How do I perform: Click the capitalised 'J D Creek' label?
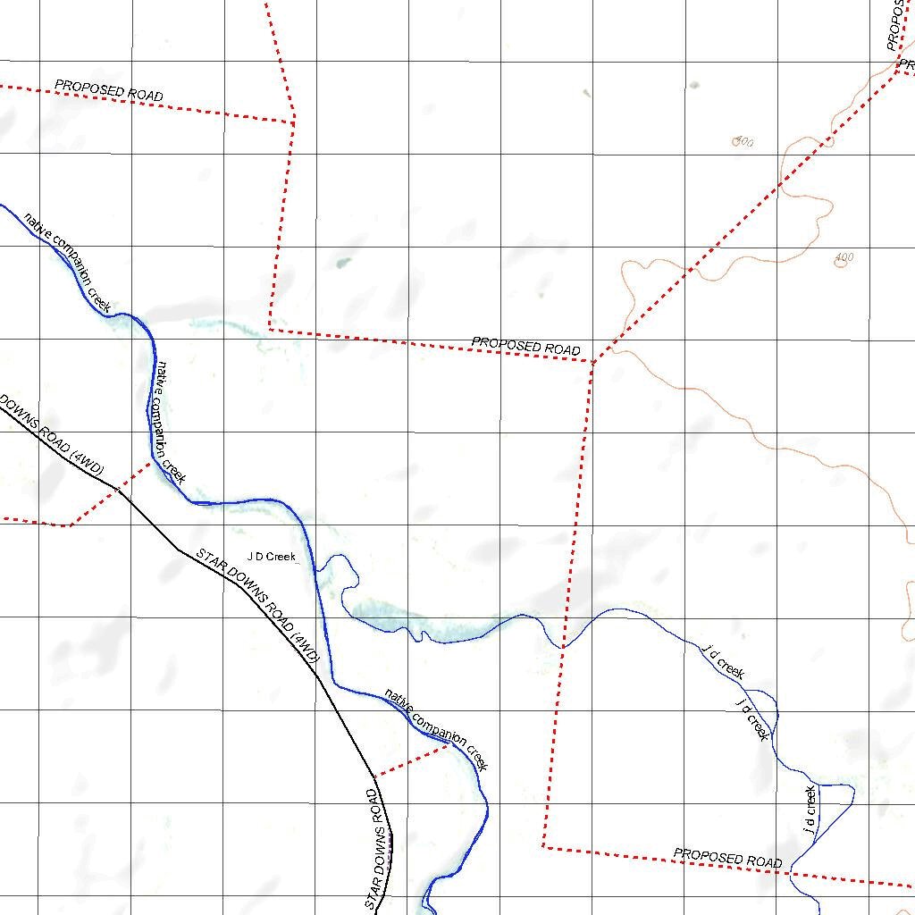click(x=271, y=557)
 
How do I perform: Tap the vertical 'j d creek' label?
click(x=810, y=809)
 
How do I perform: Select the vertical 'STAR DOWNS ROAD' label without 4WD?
click(x=379, y=849)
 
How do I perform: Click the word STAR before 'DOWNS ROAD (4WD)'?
click(x=212, y=561)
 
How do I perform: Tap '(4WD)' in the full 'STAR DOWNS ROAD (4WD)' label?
click(x=305, y=649)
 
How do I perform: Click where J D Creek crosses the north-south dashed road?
click(x=563, y=646)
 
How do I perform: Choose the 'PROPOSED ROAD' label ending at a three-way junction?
click(x=525, y=346)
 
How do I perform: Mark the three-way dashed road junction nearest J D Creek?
click(x=592, y=362)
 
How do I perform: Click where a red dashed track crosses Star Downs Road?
click(x=118, y=489)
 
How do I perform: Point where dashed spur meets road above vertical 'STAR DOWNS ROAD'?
click(x=374, y=775)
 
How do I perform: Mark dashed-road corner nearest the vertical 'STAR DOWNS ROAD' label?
click(x=543, y=845)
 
